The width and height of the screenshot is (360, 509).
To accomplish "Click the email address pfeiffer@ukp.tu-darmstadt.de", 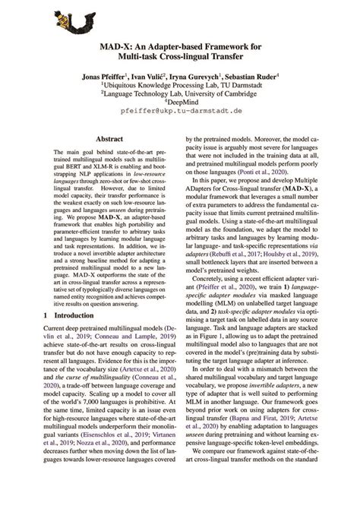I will tap(179, 119).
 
